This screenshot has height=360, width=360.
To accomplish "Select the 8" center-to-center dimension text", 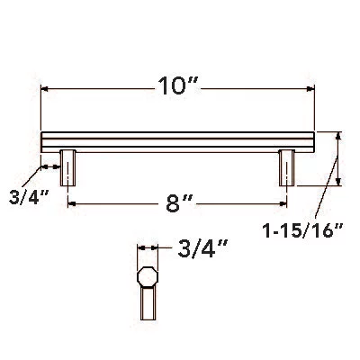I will click(x=181, y=203).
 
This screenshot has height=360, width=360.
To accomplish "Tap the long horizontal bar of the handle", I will click(x=180, y=141).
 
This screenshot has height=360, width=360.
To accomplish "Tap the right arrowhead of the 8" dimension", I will click(x=283, y=204).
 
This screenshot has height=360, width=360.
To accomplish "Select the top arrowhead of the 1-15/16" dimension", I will click(x=339, y=135).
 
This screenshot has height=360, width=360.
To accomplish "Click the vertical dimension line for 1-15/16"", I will click(x=339, y=159).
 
